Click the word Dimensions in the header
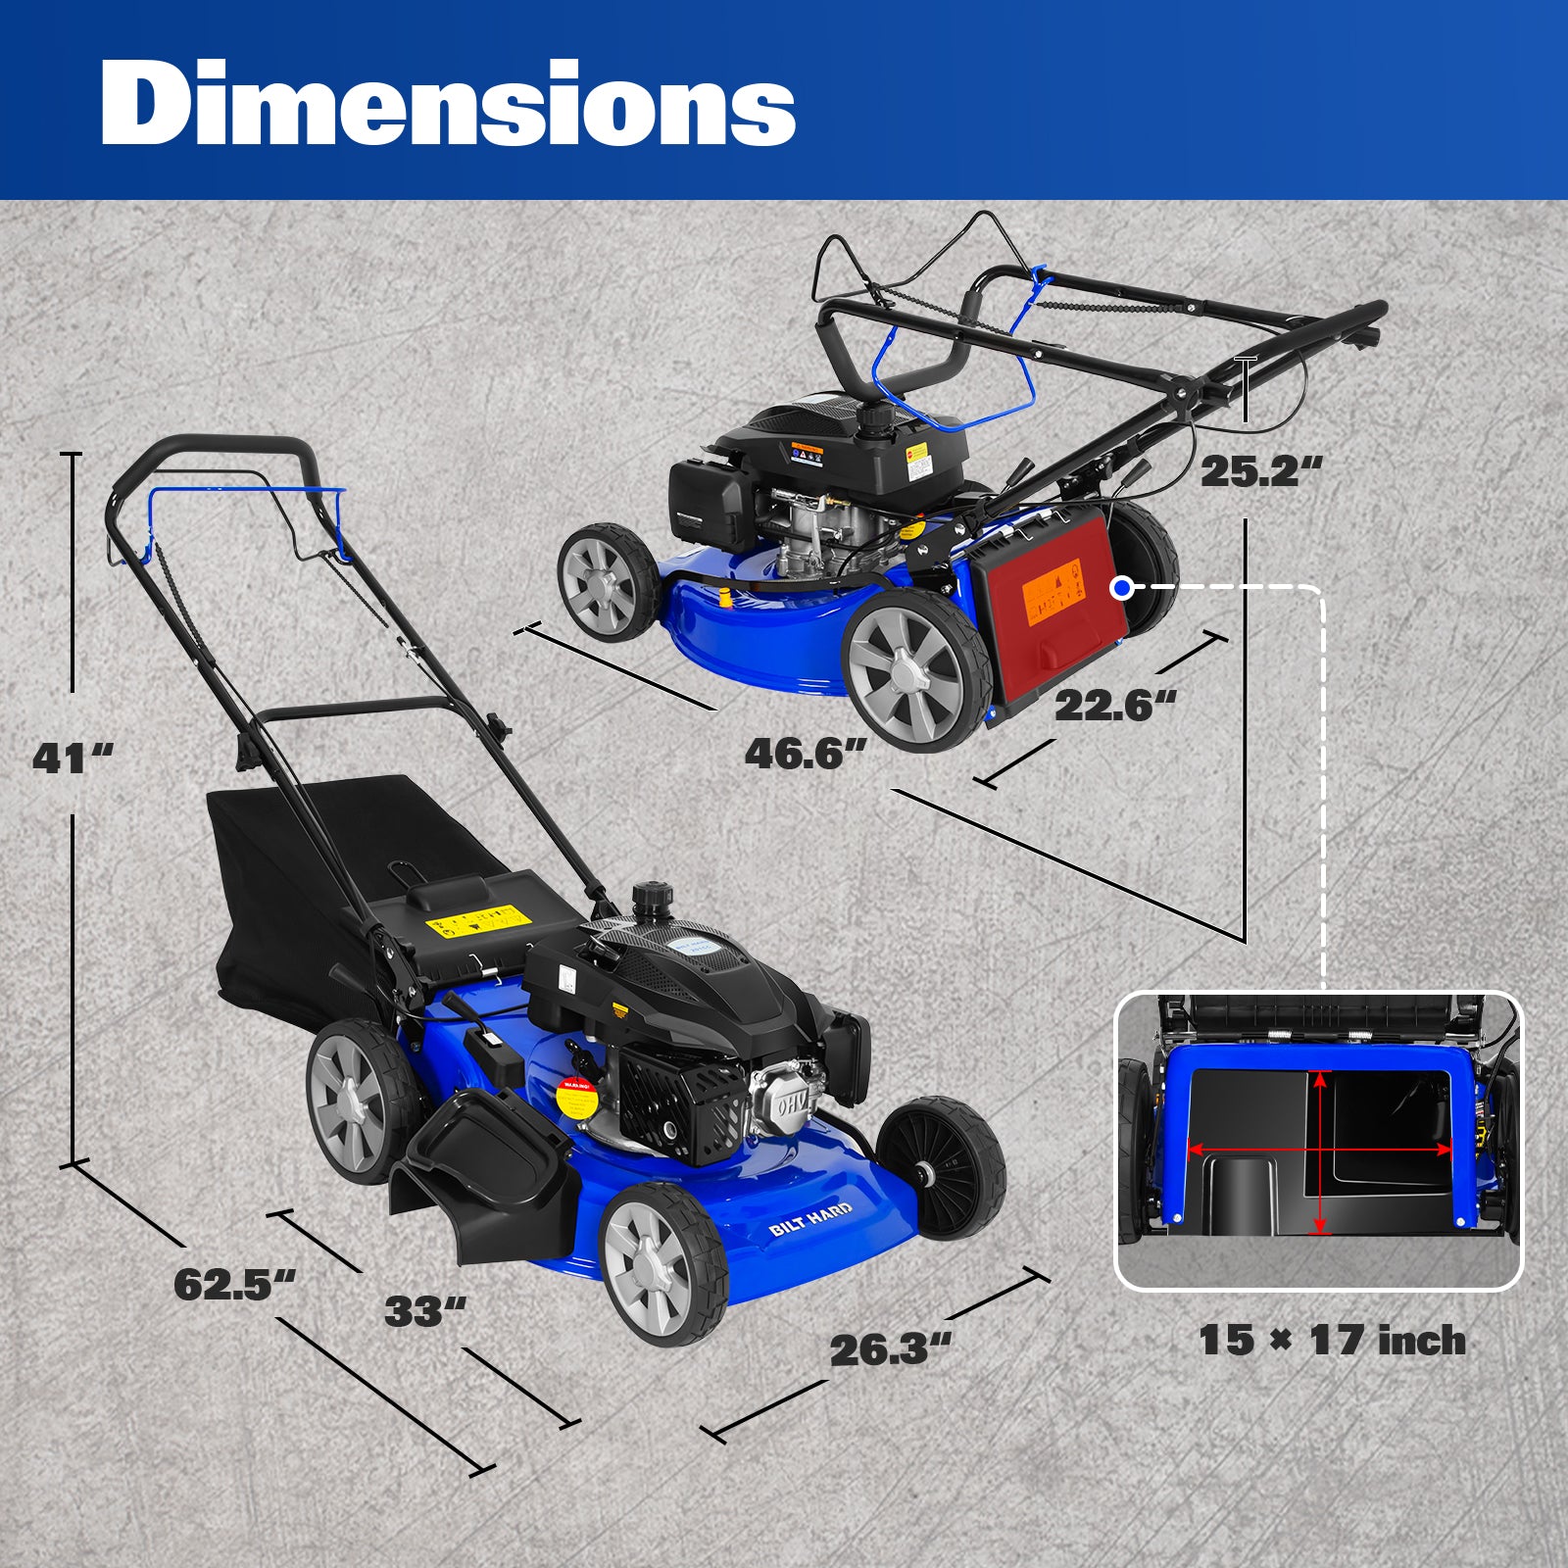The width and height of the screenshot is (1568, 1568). click(x=448, y=104)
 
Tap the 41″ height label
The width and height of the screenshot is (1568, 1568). click(x=72, y=758)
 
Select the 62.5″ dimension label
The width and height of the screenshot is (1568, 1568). click(x=234, y=1285)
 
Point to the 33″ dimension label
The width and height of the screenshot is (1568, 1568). click(x=424, y=1311)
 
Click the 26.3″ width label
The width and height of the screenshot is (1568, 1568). click(x=890, y=1350)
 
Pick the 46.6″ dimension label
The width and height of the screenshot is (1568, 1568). click(x=806, y=754)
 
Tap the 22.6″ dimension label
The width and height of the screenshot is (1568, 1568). click(x=1114, y=706)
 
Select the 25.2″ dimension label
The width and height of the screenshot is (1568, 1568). click(x=1260, y=471)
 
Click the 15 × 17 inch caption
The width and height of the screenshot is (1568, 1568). click(x=1332, y=1341)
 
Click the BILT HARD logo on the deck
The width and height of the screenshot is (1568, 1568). click(x=810, y=1216)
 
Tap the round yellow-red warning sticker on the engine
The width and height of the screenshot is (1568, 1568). click(x=577, y=1100)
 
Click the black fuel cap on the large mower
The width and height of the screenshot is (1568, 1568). click(x=648, y=897)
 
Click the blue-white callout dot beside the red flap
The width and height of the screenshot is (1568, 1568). click(x=1123, y=587)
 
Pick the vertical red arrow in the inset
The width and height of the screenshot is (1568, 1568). click(x=1320, y=1152)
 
